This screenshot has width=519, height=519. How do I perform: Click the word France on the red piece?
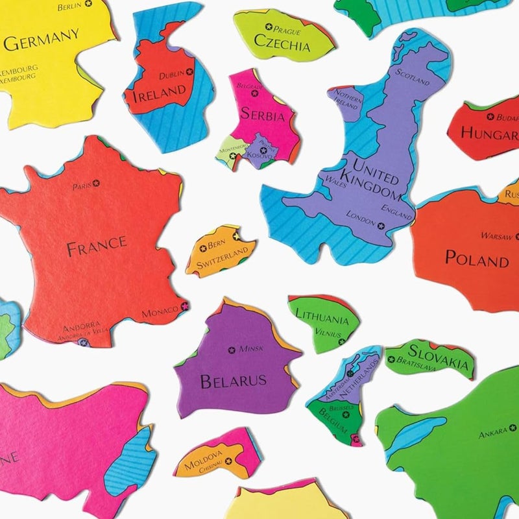coord(96,245)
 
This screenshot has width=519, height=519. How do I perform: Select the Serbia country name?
coord(263,115)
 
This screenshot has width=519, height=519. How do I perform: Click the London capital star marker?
coord(381,226)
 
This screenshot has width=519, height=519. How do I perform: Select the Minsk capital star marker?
coord(232,350)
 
